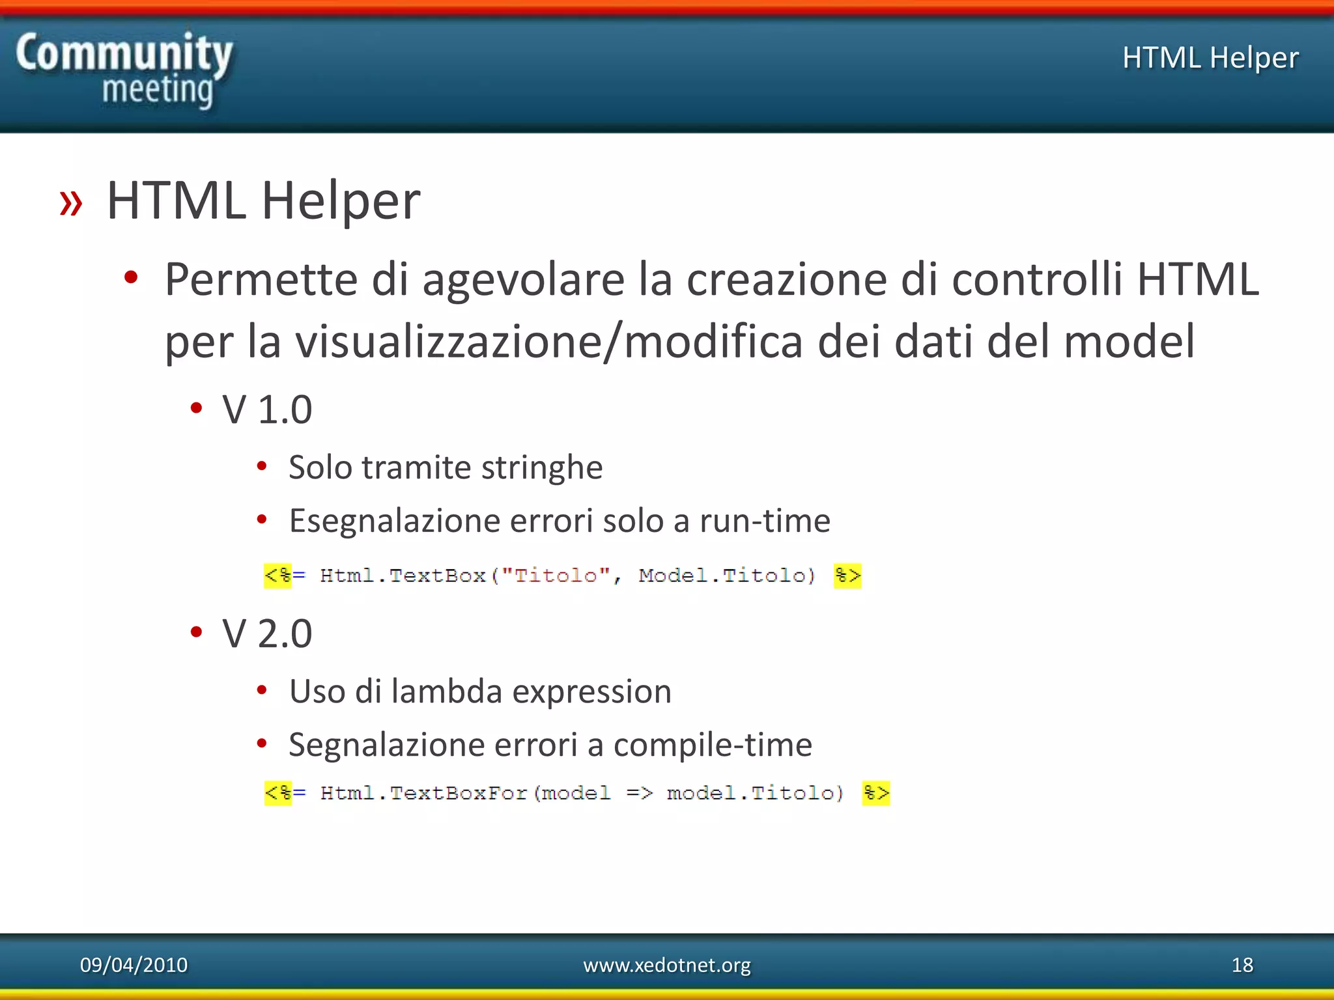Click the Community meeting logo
124,70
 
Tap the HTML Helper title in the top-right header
1210,58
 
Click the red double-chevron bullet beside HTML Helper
71,202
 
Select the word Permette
261,280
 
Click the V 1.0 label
267,410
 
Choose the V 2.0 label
267,633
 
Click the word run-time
765,521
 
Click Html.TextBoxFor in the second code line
423,793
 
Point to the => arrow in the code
639,793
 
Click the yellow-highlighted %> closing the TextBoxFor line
875,793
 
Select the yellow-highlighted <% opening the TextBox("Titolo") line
278,576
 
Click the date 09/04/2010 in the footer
134,965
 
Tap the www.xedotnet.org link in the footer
666,965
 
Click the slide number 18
1242,965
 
